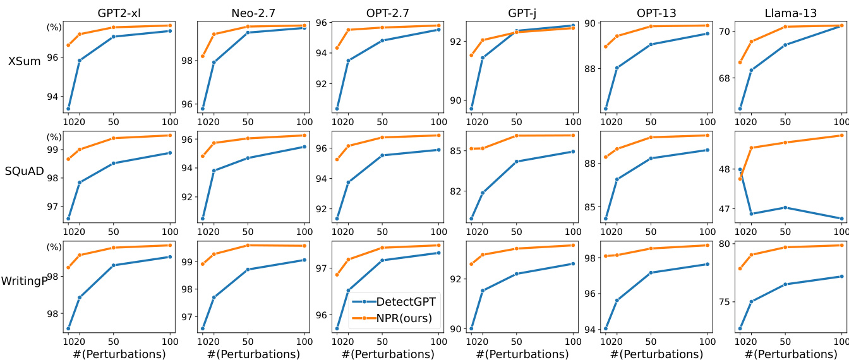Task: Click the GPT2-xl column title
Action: tap(119, 13)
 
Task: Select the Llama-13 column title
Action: tap(791, 13)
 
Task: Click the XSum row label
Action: tap(24, 61)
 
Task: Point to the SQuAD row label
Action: tap(24, 171)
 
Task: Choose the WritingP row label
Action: tap(24, 281)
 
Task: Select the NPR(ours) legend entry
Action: tap(404, 318)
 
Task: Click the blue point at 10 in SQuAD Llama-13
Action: tap(740, 170)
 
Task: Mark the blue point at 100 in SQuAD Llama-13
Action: tap(842, 219)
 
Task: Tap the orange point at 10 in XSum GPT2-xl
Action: tap(68, 45)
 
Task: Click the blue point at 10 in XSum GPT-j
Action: tap(471, 109)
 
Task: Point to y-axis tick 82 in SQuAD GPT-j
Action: tap(455, 191)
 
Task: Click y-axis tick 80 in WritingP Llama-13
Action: tap(724, 244)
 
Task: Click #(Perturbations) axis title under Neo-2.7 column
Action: tap(253, 354)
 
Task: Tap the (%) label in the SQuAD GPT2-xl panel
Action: tap(54, 137)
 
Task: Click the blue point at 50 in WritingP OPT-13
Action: tap(651, 273)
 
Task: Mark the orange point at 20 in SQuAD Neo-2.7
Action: tap(214, 143)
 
